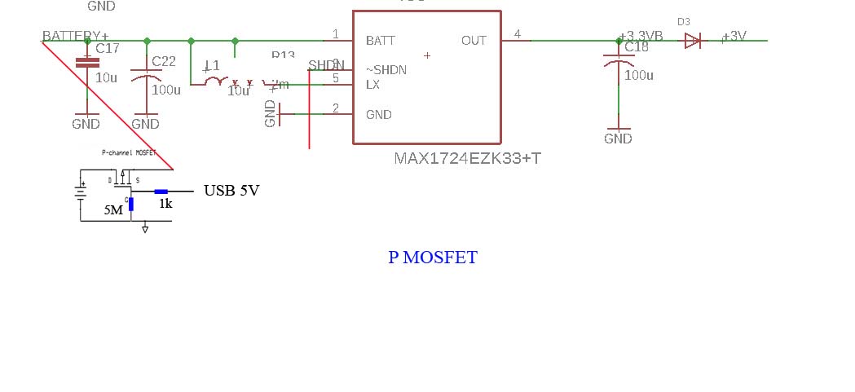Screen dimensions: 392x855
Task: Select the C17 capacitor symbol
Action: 86,62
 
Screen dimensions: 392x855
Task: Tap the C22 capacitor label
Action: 164,62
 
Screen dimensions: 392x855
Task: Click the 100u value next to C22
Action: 166,90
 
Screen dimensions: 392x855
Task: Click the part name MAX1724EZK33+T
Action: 467,158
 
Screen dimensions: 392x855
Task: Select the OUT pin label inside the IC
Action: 474,41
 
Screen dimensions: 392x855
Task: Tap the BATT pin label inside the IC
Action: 381,41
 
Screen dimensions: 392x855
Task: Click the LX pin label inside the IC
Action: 373,85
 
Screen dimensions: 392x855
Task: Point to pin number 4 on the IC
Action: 517,34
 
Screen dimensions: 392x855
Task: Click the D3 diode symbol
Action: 692,41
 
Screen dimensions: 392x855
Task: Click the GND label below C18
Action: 618,139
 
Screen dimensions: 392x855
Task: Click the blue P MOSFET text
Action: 433,258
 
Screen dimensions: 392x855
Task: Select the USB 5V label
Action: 231,192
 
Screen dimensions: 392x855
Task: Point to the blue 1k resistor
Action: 161,192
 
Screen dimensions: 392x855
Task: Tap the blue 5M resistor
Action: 131,203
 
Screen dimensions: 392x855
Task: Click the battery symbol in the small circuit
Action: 80,194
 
